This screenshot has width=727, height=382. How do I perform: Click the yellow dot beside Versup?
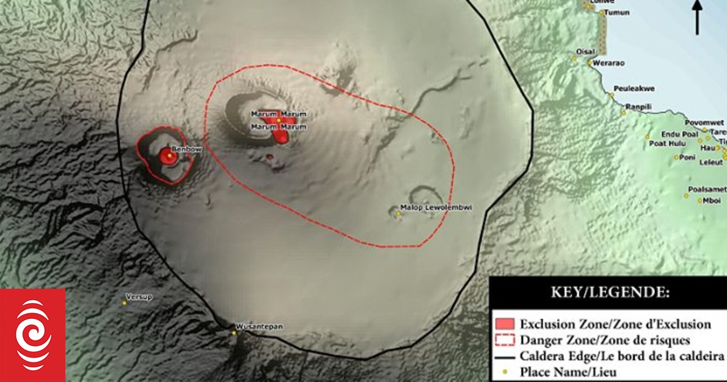pyautogui.click(x=124, y=303)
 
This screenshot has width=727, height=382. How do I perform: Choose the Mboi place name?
pyautogui.click(x=712, y=200)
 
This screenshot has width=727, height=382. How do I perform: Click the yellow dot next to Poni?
pyautogui.click(x=677, y=158)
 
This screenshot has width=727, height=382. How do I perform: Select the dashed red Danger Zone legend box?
pyautogui.click(x=505, y=340)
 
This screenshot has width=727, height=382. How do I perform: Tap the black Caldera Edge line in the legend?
pyautogui.click(x=505, y=356)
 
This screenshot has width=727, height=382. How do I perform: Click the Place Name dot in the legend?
pyautogui.click(x=505, y=372)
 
